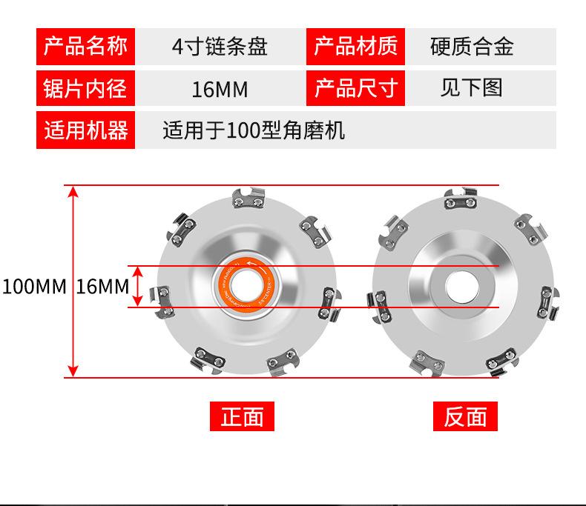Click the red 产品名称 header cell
85,47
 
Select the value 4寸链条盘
220,47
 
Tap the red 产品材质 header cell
355,47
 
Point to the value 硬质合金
472,47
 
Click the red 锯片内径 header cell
85,89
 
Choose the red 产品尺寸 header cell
355,89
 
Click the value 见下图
472,89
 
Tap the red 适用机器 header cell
85,131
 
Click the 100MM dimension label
34,287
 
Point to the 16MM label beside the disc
102,287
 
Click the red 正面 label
243,417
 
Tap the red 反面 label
465,417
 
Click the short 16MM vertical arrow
137,286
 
